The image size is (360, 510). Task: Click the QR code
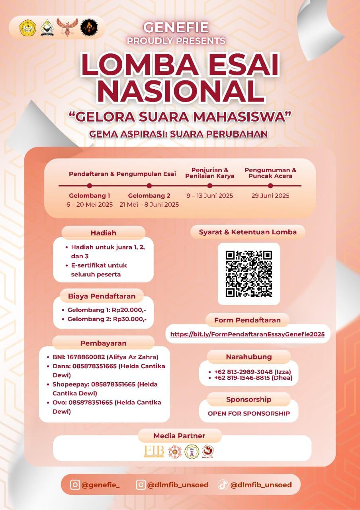[249, 274]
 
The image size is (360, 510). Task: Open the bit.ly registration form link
[247, 334]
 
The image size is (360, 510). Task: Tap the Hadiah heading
[103, 233]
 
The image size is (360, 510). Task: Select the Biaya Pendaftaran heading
[102, 296]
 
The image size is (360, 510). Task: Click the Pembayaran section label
[103, 343]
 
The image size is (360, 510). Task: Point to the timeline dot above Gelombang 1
[90, 186]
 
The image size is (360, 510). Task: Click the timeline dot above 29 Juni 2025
[270, 186]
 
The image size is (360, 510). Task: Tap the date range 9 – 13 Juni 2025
[209, 196]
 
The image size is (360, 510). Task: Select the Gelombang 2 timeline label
[149, 196]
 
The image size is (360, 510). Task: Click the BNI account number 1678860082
[86, 357]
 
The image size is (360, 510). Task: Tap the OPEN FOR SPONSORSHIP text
[248, 414]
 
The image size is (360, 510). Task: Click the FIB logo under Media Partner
[154, 451]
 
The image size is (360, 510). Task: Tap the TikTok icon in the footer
[223, 485]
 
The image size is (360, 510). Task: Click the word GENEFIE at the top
[176, 27]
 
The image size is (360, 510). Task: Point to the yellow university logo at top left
[28, 27]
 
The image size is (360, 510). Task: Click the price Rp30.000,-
[130, 319]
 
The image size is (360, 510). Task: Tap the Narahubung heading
[248, 357]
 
